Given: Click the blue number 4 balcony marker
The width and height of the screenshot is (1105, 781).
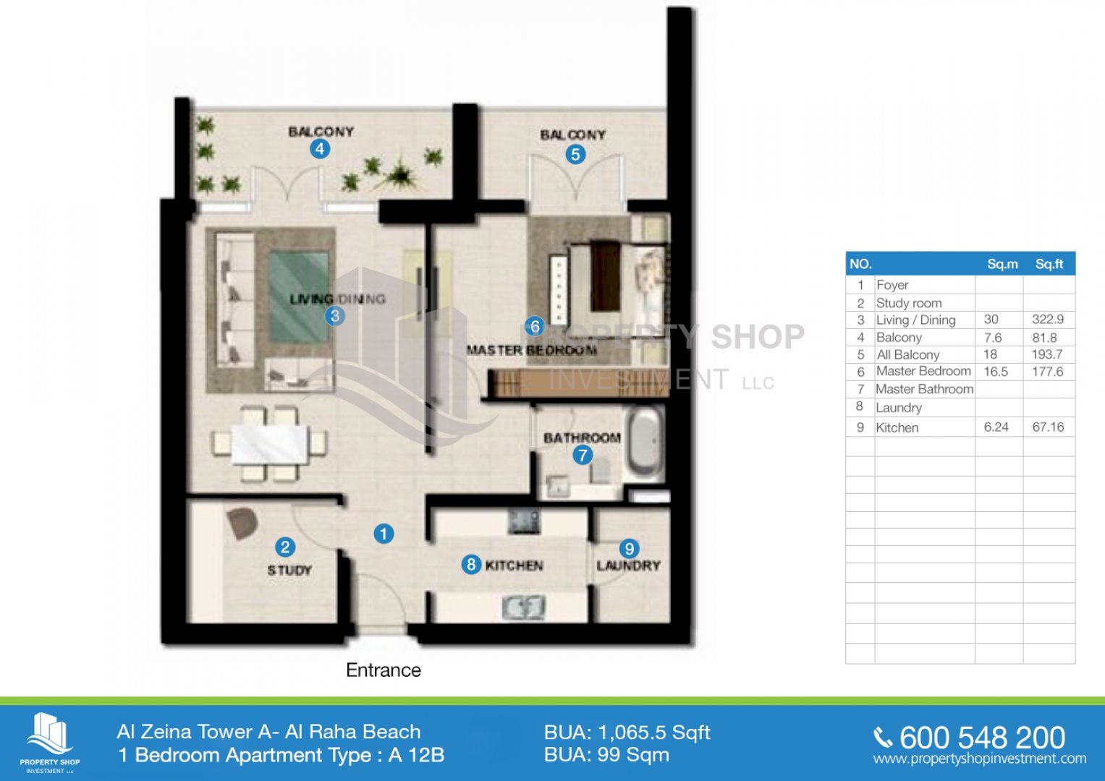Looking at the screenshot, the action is pos(320,149).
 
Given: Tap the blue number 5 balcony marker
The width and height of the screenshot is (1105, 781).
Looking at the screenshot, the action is pos(575,154).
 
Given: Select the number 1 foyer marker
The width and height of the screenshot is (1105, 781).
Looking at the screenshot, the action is pos(384,534).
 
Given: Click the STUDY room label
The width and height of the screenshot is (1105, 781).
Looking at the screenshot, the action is pos(289,571).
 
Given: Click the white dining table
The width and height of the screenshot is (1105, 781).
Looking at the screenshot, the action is pos(271,444).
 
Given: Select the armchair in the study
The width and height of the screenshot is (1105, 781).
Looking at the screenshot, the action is pos(242,524).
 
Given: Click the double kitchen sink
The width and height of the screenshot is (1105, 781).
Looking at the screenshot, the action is pos(524,607).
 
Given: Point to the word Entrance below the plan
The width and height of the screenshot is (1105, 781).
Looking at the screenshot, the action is pos(384,670).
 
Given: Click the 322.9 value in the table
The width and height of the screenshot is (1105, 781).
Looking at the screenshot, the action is pos(1048,320).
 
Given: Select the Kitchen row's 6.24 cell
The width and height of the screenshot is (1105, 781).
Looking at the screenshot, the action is pos(996,427).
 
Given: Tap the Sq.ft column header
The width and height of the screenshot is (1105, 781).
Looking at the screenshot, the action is pos(1049,264).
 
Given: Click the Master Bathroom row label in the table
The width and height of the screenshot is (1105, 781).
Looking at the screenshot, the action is pos(924,389).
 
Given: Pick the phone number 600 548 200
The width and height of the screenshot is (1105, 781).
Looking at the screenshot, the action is pos(982,738).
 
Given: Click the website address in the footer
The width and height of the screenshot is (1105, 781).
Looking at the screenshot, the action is pos(980,759).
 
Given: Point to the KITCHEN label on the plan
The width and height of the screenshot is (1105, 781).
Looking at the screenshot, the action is pos(514,565).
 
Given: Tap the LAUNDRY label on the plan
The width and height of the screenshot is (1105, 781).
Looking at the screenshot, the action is pos(628,566).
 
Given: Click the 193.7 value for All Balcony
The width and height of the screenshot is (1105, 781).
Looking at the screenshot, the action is pos(1047,354).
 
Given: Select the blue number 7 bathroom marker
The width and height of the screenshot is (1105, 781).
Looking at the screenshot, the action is pos(583,455).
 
